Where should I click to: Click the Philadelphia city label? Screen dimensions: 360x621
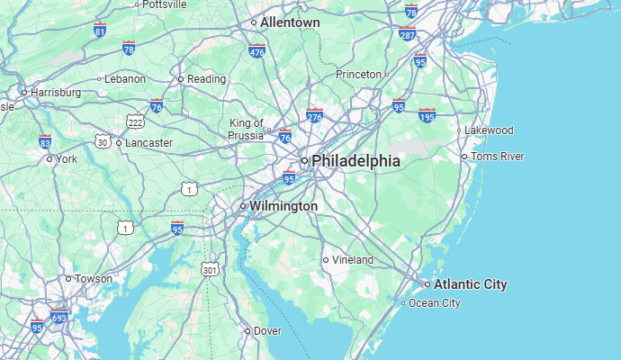pos(355,160)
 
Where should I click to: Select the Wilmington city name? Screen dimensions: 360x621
pos(283,206)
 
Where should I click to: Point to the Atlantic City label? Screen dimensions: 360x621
pos(470,284)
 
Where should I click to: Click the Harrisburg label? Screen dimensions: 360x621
pos(56,92)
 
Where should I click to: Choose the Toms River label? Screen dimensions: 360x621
pos(497,157)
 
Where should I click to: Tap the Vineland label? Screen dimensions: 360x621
pos(352,260)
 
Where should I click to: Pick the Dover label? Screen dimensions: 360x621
pos(267,331)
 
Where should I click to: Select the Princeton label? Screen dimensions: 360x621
pos(358,74)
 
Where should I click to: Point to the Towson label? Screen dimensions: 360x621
pos(94,279)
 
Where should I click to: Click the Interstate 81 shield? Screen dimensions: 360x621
pos(99,31)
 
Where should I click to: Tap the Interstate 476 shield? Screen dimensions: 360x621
pos(257,51)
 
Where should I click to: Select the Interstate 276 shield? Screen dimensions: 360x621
pos(314,115)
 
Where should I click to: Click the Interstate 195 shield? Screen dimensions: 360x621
pos(427,115)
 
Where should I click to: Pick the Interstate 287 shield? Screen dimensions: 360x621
pos(407,34)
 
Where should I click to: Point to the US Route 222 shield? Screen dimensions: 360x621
pos(135,121)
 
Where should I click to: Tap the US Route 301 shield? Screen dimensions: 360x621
pos(210,269)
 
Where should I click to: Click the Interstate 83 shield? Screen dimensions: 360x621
pos(45,141)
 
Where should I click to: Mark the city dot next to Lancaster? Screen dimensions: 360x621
pos(119,142)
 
